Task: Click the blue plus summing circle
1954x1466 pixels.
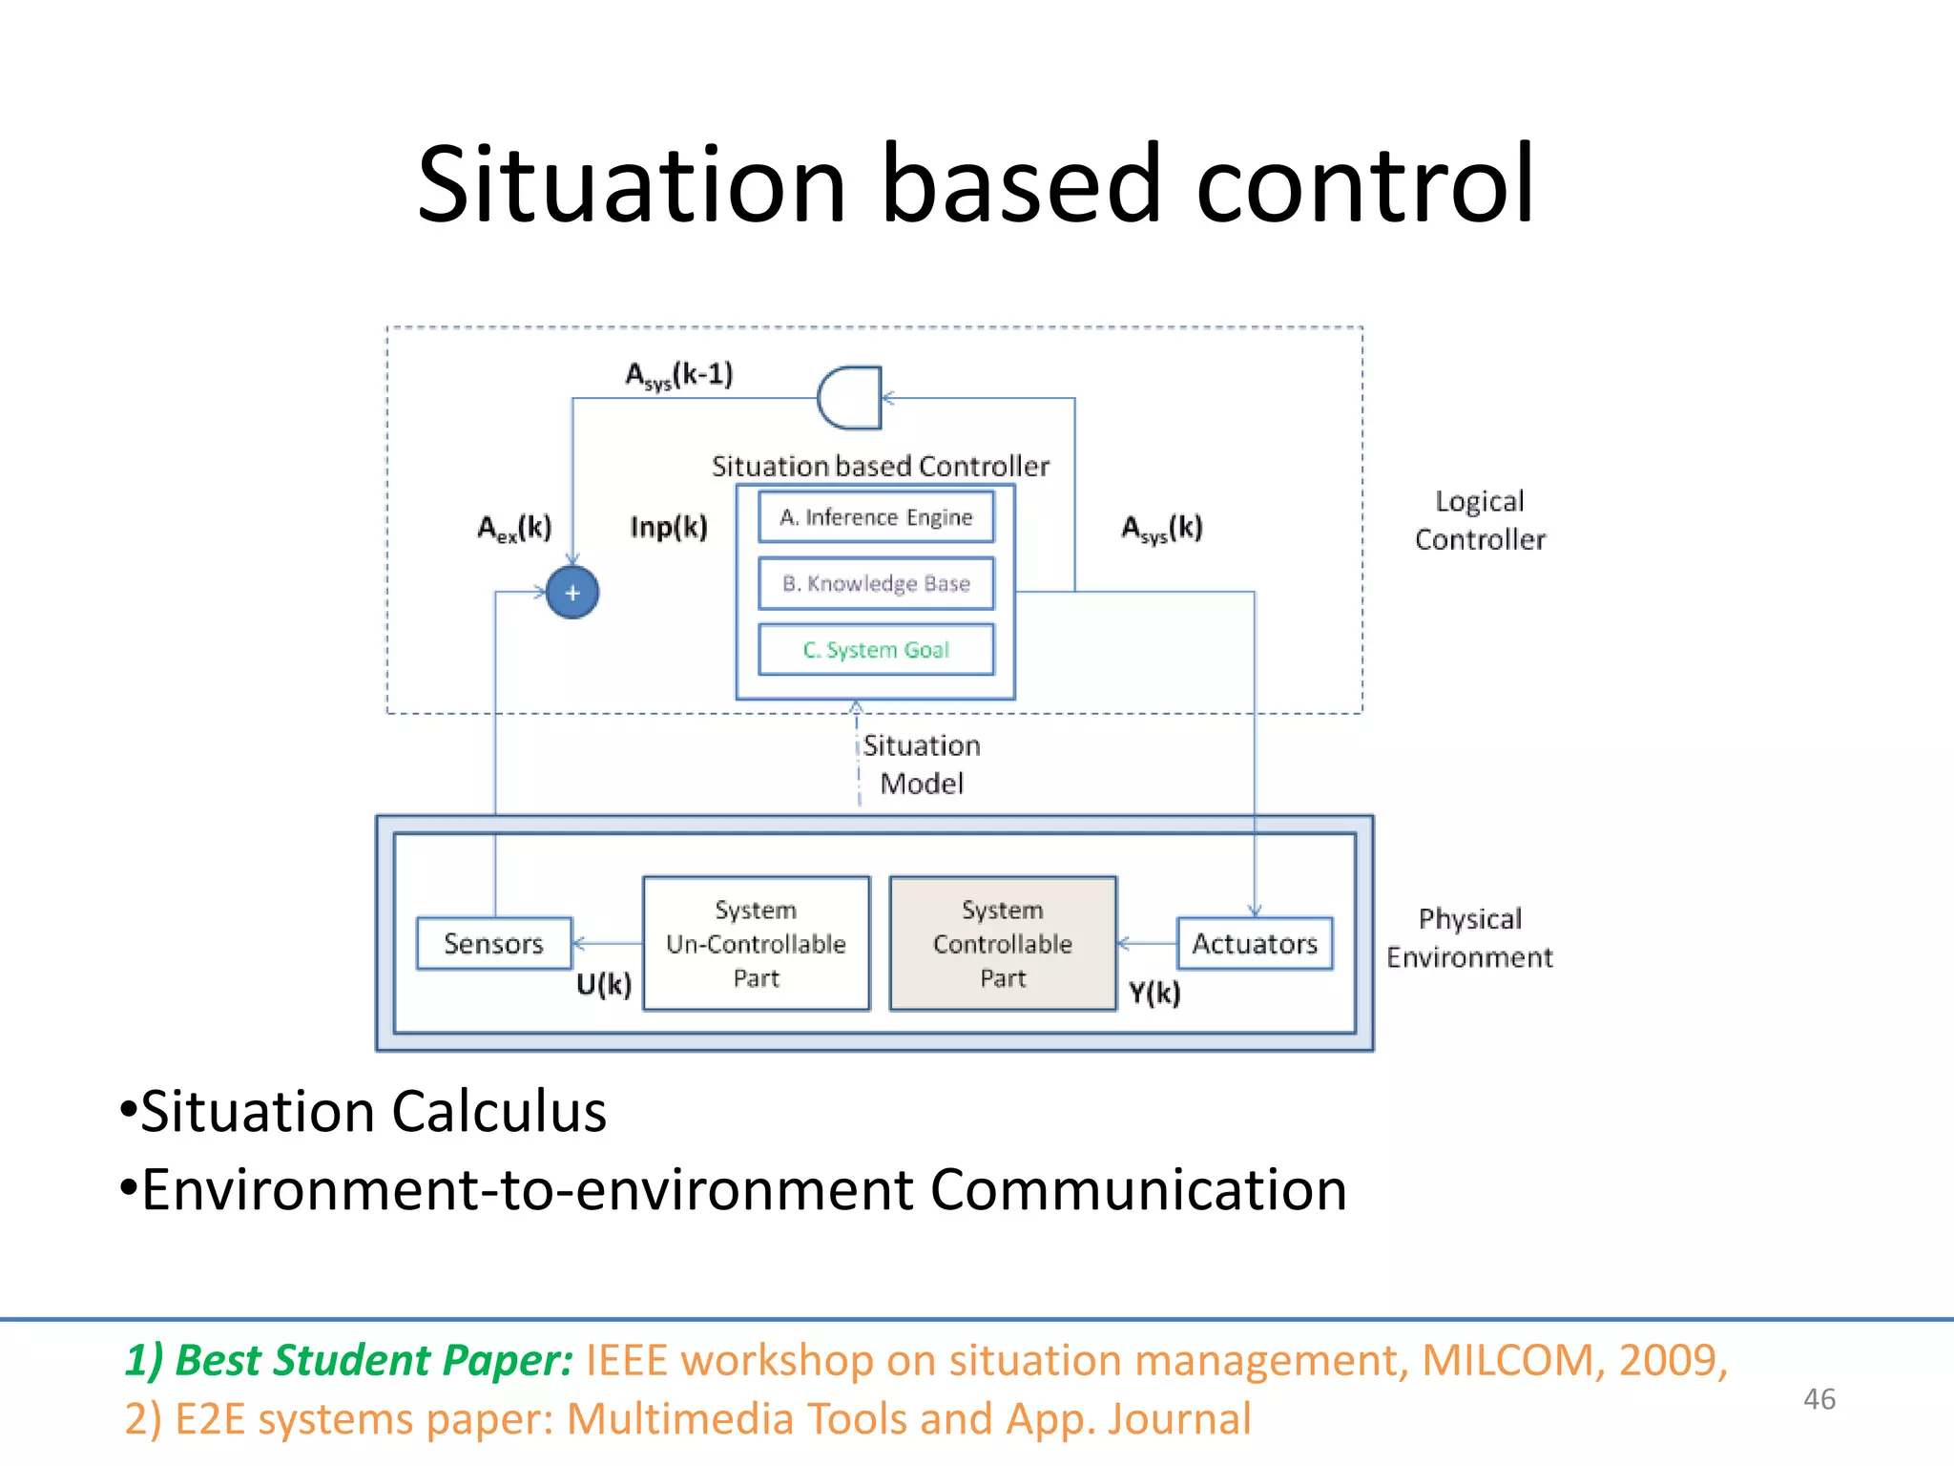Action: [x=572, y=592]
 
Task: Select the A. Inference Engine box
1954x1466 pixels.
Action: [x=876, y=516]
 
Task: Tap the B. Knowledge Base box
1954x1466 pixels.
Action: [x=876, y=583]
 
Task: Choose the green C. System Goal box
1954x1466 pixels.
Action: [x=876, y=650]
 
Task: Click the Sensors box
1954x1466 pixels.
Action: [x=493, y=943]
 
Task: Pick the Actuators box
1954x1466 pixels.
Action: [x=1254, y=943]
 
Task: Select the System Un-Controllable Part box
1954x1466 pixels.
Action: [x=756, y=943]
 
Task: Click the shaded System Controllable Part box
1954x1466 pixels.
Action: [x=1002, y=943]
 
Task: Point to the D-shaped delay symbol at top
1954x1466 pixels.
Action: [x=849, y=397]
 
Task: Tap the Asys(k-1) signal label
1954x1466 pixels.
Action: [x=678, y=374]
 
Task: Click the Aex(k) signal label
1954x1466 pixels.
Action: [x=514, y=528]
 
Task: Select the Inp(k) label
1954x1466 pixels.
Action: [x=669, y=527]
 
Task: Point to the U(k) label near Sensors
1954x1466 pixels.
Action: [x=604, y=984]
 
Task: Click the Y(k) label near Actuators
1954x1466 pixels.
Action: [x=1154, y=994]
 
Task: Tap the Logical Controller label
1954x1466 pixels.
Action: [x=1479, y=520]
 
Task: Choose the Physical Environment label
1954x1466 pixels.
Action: [x=1469, y=937]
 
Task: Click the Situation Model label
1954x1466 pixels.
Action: [x=921, y=764]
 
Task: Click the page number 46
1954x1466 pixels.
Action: [x=1819, y=1399]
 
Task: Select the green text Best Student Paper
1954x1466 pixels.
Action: [x=349, y=1359]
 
